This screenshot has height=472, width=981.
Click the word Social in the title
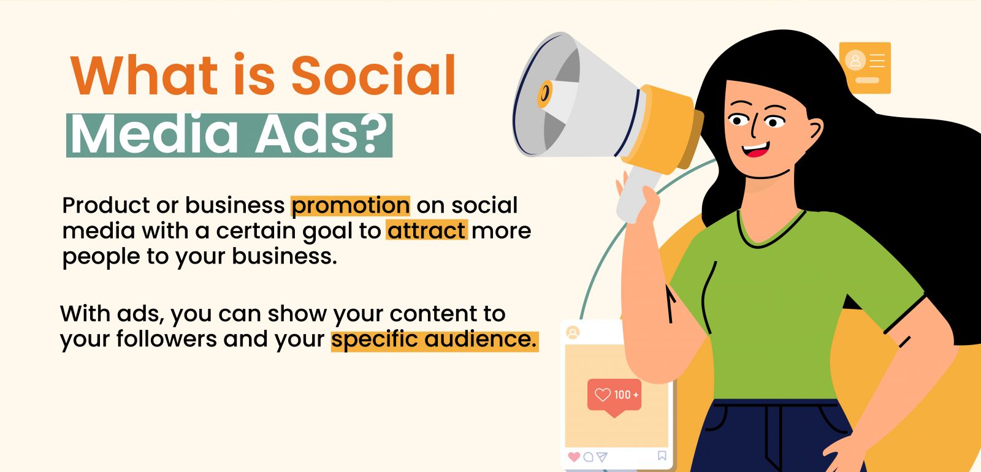click(373, 74)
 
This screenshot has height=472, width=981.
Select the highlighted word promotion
click(350, 206)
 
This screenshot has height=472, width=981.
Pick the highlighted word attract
click(427, 230)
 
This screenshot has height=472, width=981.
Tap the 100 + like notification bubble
click(614, 397)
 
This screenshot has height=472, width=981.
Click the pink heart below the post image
click(574, 457)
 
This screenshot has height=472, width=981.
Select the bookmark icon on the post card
click(662, 456)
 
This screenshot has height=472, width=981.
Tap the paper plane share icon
click(602, 457)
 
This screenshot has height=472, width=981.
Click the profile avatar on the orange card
click(855, 61)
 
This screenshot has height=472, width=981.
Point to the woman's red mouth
click(756, 150)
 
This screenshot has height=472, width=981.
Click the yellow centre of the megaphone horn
click(544, 94)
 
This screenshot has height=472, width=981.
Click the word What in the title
click(144, 74)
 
